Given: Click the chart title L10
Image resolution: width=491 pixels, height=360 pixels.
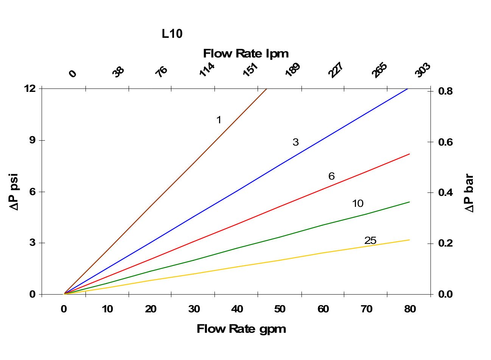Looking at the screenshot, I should (172, 34).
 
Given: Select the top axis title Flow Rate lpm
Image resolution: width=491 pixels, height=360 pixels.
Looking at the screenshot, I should (246, 53).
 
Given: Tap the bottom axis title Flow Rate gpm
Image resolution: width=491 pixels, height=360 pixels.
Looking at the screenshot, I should (241, 329).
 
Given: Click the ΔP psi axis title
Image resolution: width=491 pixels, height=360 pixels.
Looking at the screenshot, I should (14, 192).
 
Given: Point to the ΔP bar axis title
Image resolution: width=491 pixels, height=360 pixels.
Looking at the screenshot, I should (469, 193).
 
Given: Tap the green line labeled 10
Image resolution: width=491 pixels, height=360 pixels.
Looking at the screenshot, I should (237, 248).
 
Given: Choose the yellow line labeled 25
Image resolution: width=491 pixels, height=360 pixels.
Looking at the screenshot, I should (237, 267).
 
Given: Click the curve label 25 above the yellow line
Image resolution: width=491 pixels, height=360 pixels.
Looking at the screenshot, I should (370, 241).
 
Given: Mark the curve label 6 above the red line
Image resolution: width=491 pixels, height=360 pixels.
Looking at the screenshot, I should (331, 176).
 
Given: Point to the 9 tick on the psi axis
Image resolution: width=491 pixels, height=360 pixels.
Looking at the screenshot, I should (32, 140).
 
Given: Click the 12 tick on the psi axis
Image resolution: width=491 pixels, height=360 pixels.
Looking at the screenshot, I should (30, 88).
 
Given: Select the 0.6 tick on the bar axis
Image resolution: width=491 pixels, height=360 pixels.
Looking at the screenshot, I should (445, 142).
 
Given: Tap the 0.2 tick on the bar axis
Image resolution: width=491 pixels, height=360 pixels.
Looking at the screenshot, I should (445, 243).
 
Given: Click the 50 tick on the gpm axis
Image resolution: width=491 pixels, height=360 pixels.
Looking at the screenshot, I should (280, 309).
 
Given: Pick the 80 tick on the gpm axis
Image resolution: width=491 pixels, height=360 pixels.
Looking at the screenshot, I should (410, 309).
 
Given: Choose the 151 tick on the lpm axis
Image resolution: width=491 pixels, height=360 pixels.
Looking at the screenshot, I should (250, 70).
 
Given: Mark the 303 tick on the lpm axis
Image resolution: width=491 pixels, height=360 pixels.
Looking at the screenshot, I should (423, 70).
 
